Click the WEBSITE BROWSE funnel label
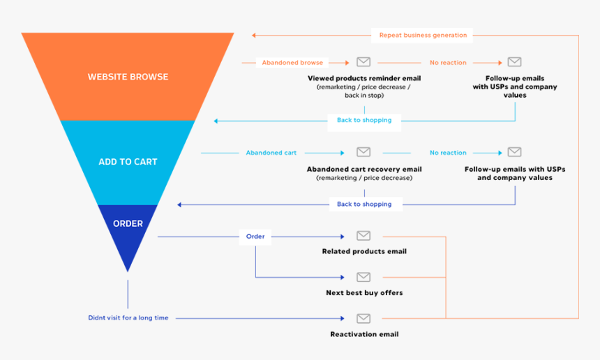tap(128, 77)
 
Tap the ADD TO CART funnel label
tap(128, 162)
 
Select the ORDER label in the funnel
tap(128, 223)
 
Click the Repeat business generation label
tap(423, 35)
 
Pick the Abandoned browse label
tap(292, 63)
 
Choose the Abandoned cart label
tap(271, 153)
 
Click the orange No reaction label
tap(448, 63)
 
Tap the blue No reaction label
tap(448, 153)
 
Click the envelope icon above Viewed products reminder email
tap(363, 61)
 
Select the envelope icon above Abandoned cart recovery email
tap(363, 152)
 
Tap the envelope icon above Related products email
tap(363, 236)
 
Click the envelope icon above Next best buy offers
tap(363, 276)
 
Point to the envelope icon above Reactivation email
tap(363, 318)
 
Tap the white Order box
tap(255, 237)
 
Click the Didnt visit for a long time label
tap(128, 318)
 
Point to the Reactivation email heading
tap(364, 334)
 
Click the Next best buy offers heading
tap(364, 292)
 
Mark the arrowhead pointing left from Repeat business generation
tap(254, 36)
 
